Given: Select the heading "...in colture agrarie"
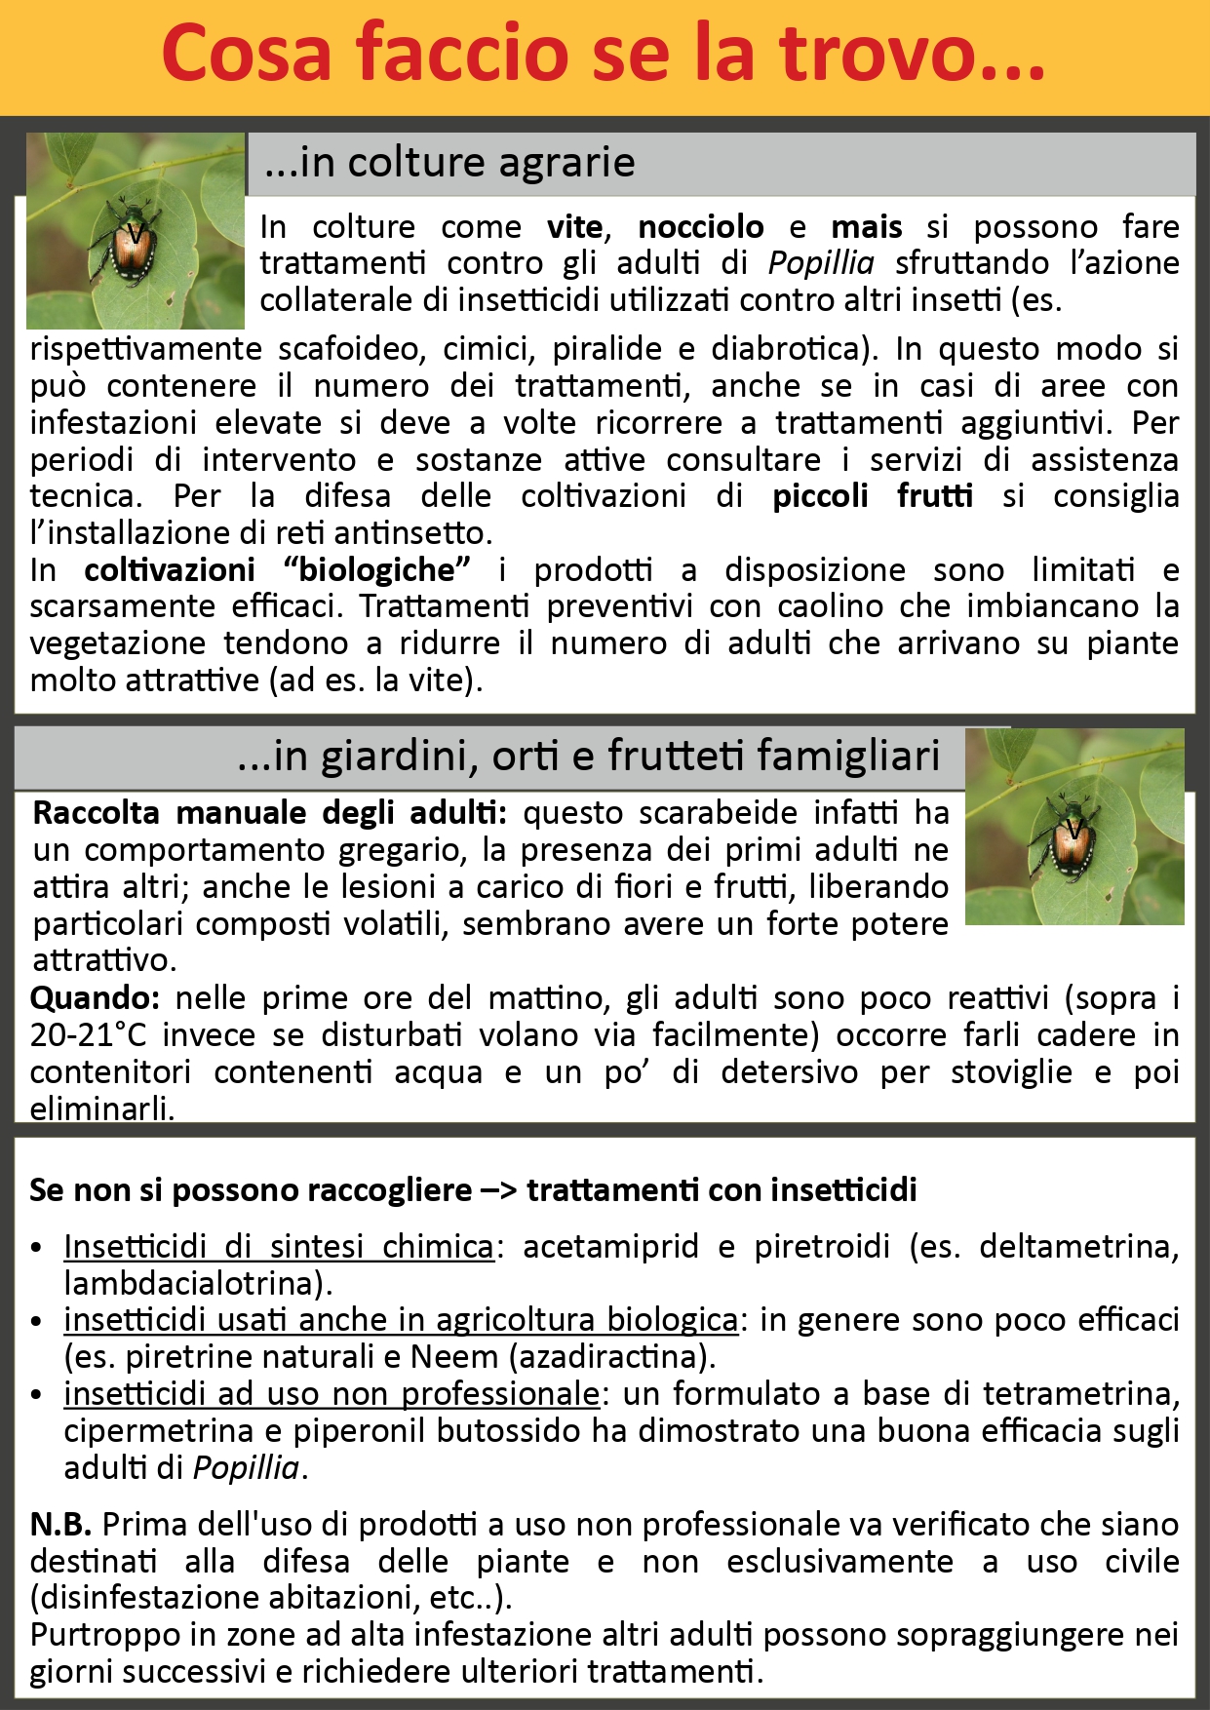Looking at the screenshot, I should [449, 163].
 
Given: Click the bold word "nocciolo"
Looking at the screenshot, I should [701, 227].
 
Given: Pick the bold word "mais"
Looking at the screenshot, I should [866, 227].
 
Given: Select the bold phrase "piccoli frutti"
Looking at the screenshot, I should [873, 496].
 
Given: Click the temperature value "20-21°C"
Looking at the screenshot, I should [90, 1035].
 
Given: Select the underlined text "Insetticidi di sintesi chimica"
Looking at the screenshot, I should [279, 1247].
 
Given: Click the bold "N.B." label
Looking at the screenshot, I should [60, 1525].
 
